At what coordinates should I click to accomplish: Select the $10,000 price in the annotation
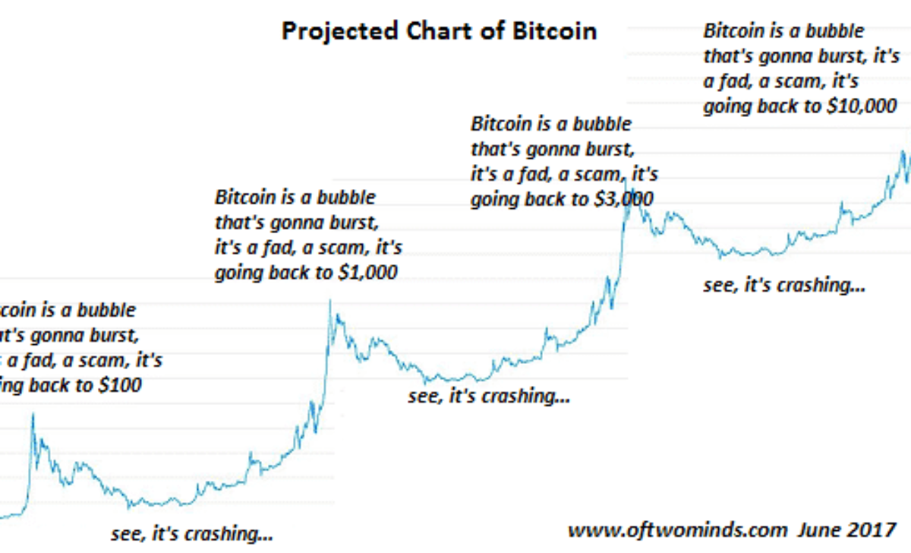pyautogui.click(x=860, y=106)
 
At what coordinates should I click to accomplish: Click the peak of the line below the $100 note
pyautogui.click(x=33, y=414)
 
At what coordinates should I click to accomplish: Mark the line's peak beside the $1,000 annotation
pyautogui.click(x=329, y=301)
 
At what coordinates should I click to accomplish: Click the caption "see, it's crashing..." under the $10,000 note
pyautogui.click(x=785, y=286)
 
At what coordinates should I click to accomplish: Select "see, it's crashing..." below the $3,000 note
pyautogui.click(x=488, y=396)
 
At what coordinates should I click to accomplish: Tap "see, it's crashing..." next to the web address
pyautogui.click(x=192, y=533)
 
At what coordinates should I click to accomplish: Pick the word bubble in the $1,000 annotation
pyautogui.click(x=346, y=197)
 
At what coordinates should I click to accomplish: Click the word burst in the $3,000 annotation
pyautogui.click(x=604, y=148)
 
